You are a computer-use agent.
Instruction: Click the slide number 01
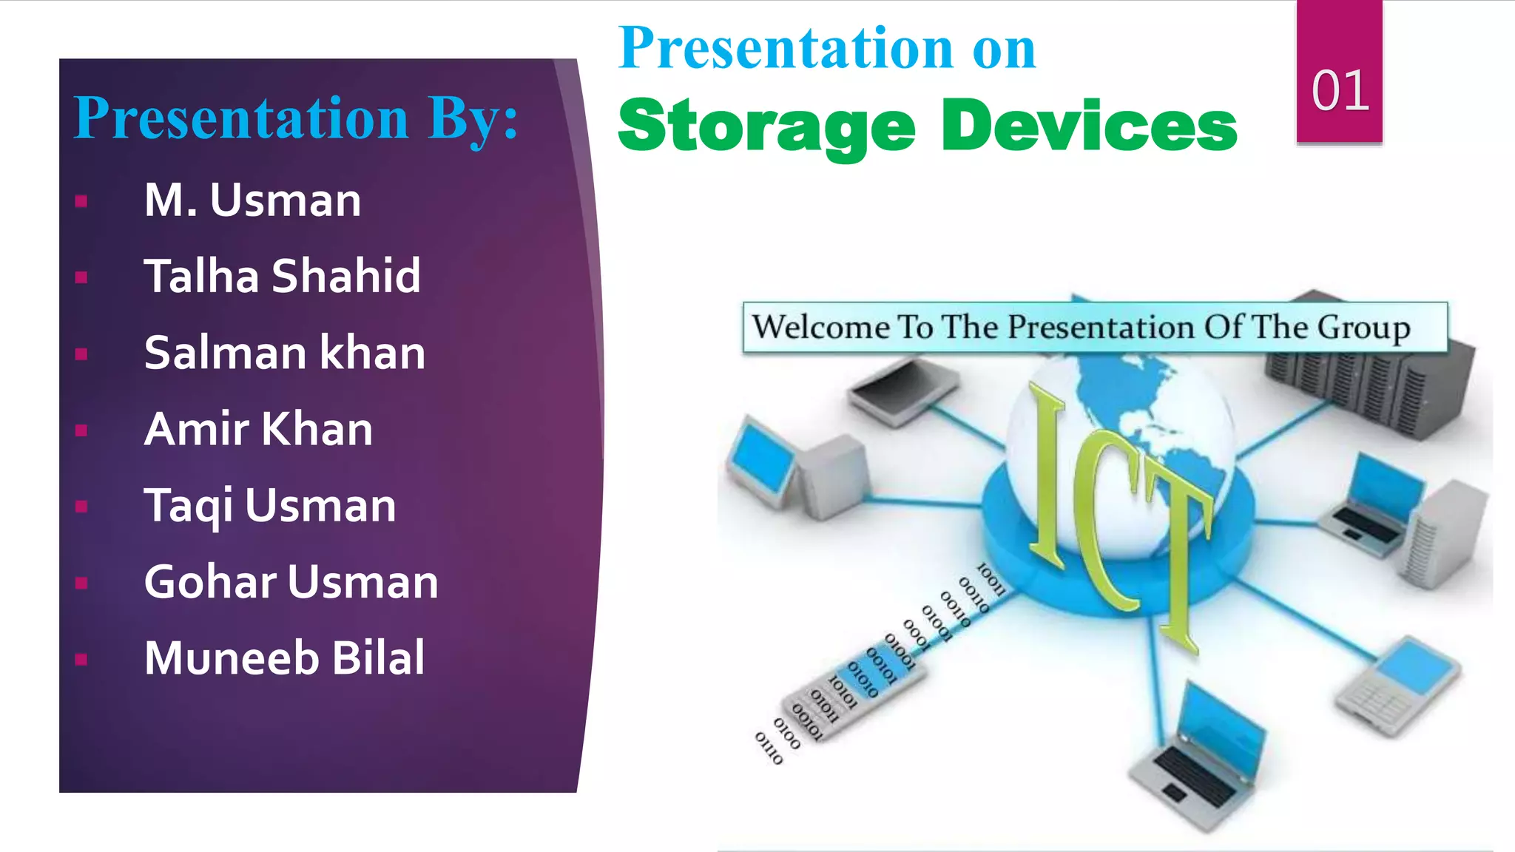point(1340,91)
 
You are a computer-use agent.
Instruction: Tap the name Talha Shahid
point(282,276)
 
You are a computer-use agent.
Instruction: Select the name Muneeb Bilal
point(284,657)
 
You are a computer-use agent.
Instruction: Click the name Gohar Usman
point(291,581)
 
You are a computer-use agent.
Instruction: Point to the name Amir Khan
point(258,429)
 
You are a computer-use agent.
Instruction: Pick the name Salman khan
point(285,353)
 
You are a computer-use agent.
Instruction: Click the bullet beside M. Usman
point(81,201)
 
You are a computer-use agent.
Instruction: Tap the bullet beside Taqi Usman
point(81,507)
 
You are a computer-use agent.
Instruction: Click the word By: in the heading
point(473,118)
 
